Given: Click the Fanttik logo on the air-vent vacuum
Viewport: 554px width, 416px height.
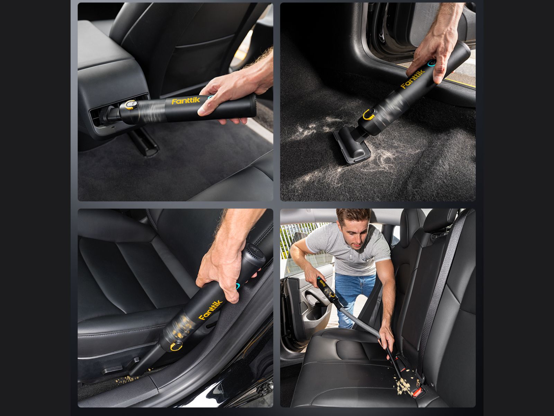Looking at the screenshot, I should point(186,101).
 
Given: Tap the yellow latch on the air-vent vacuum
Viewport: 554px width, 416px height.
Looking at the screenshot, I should point(130,104).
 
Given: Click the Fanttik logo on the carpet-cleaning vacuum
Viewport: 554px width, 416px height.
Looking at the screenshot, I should point(413,79).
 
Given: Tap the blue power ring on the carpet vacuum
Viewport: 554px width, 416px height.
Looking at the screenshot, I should point(431,63).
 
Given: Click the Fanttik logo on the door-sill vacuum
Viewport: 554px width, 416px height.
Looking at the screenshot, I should point(210,310).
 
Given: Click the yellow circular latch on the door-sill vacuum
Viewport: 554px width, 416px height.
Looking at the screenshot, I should point(176,346).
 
